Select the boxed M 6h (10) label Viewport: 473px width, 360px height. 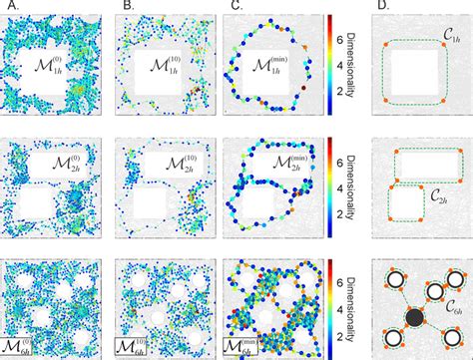[x=137, y=347]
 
